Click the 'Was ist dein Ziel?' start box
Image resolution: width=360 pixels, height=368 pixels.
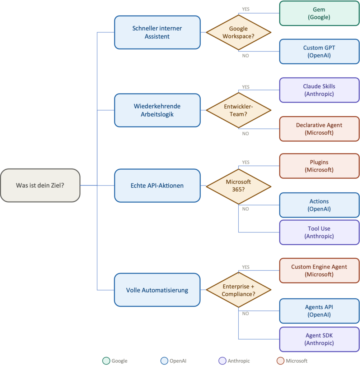pos(40,185)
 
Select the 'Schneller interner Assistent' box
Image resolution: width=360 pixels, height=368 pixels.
pos(157,32)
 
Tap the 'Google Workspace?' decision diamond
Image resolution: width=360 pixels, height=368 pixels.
pos(238,32)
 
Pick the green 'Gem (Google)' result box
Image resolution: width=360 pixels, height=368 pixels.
pos(319,13)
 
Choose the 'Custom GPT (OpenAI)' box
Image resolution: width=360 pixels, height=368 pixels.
pos(319,52)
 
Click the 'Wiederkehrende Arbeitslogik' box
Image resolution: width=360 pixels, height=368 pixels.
pos(157,110)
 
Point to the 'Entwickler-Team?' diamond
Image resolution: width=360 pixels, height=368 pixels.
pos(238,110)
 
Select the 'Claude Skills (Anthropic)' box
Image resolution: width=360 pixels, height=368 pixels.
pos(319,90)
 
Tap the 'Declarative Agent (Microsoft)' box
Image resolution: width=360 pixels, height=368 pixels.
pos(319,129)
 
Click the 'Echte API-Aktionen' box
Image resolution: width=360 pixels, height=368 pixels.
pos(157,185)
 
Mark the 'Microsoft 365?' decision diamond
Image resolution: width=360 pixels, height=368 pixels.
pos(238,185)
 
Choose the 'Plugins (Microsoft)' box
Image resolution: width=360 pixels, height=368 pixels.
pos(319,166)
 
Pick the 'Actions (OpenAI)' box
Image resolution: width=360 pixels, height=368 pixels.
pos(319,205)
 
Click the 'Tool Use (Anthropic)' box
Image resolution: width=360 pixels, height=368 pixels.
pos(319,233)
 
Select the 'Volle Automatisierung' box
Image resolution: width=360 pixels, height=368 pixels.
pos(157,290)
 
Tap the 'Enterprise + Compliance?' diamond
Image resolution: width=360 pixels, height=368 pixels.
pos(238,290)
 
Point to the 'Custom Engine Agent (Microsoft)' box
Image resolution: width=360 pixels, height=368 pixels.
pos(319,271)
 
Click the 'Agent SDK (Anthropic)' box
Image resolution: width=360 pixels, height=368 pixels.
pos(319,339)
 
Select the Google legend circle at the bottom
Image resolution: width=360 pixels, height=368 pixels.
pos(106,361)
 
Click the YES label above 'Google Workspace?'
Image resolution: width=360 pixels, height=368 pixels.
pos(246,9)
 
